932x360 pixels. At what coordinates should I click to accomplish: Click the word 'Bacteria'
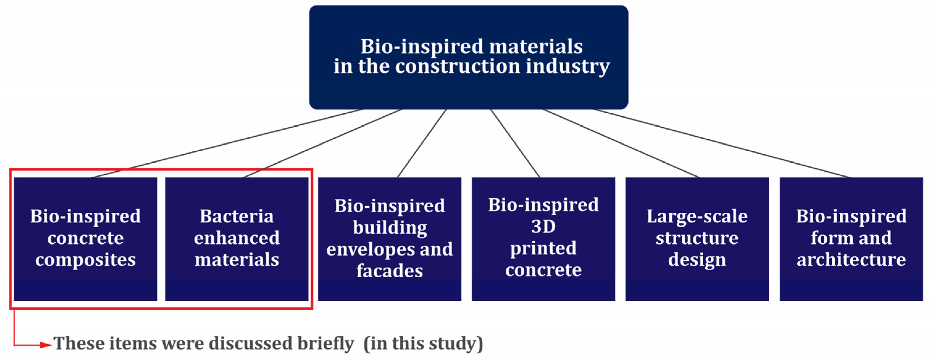237,216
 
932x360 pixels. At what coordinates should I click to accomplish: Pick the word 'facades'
390,271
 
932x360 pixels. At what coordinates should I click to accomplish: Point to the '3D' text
543,227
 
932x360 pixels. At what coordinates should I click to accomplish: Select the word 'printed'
543,249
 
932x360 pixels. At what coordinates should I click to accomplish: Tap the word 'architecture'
851,260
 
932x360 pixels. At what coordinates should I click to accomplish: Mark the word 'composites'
85,260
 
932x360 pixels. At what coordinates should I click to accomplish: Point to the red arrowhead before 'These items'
46,345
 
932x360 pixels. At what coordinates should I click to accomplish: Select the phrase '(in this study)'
423,343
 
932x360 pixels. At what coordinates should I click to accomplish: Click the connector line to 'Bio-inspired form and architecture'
724,144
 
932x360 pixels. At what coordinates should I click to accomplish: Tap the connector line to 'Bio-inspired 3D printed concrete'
515,144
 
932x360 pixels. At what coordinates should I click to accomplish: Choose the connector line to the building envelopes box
422,144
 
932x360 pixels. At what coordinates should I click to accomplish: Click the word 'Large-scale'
697,216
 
